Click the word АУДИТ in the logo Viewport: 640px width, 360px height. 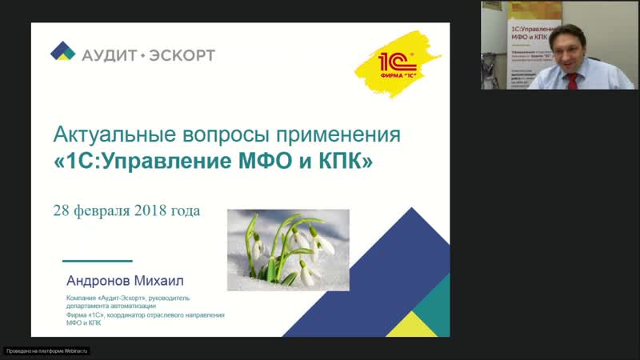[x=109, y=54]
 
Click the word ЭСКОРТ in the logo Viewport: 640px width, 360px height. [x=180, y=54]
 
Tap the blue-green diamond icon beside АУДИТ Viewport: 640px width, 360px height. [x=62, y=52]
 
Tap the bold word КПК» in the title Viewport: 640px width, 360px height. [x=344, y=161]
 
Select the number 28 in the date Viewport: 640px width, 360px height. [x=61, y=211]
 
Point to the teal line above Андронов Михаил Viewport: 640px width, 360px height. [x=98, y=261]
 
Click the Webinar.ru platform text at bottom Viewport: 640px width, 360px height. [x=47, y=350]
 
